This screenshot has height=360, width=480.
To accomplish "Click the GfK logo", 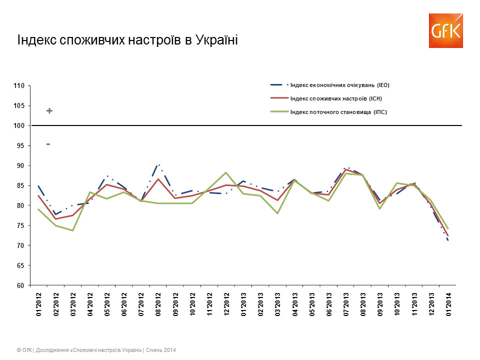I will click(444, 31).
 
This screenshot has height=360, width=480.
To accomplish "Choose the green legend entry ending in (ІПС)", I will click(338, 112).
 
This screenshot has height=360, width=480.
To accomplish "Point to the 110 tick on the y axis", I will click(19, 86).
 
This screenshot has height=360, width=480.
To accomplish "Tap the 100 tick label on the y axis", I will click(19, 125).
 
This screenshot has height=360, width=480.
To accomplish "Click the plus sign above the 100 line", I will click(49, 111).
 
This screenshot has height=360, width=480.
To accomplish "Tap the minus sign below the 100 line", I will click(48, 144).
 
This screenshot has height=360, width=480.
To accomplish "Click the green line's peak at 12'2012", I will click(226, 172).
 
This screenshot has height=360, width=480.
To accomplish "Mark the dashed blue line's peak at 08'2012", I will click(158, 164).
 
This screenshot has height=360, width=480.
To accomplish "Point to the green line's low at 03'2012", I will click(72, 230).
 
